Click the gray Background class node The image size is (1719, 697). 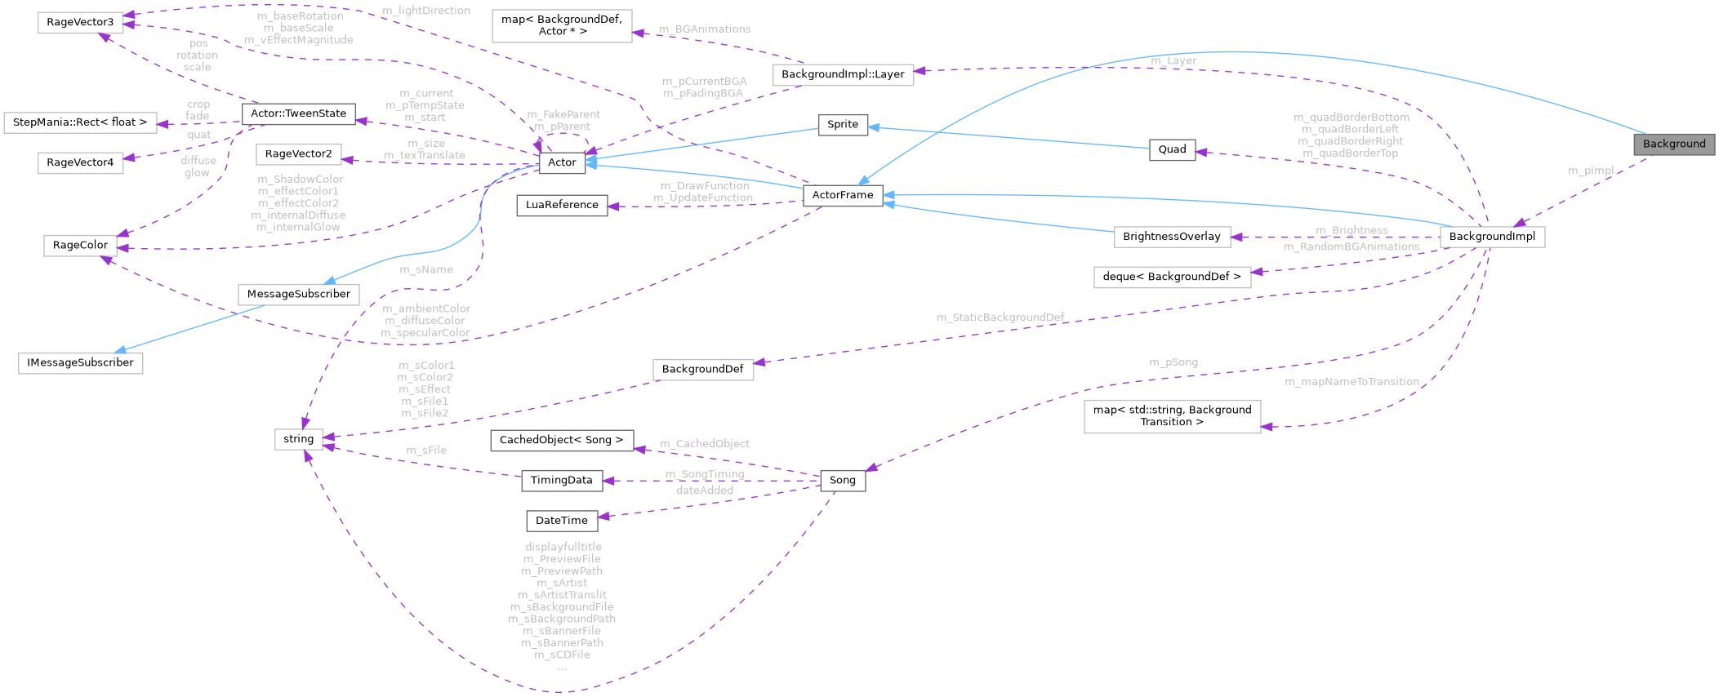click(x=1673, y=144)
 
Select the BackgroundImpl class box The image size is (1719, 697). click(x=1492, y=237)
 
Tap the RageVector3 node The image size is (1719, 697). click(x=80, y=22)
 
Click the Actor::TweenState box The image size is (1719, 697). click(x=298, y=113)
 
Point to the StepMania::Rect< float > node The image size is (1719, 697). click(x=80, y=122)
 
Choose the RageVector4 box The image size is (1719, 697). click(x=80, y=162)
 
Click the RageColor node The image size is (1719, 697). click(x=80, y=245)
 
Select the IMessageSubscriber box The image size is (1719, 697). click(x=80, y=362)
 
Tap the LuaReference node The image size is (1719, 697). click(x=562, y=205)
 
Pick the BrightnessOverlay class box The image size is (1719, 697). click(x=1171, y=237)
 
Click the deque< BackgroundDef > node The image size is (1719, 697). click(x=1171, y=277)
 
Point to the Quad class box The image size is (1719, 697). click(x=1172, y=149)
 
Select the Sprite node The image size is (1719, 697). click(x=843, y=124)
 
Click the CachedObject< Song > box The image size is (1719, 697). click(x=562, y=440)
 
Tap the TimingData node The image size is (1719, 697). click(x=562, y=480)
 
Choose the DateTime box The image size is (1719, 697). click(x=562, y=521)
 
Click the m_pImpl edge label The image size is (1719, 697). click(x=1591, y=171)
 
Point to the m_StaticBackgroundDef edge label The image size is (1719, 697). click(x=1000, y=317)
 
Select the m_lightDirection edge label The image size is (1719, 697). click(x=426, y=11)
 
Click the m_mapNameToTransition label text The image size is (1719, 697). click(x=1352, y=382)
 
